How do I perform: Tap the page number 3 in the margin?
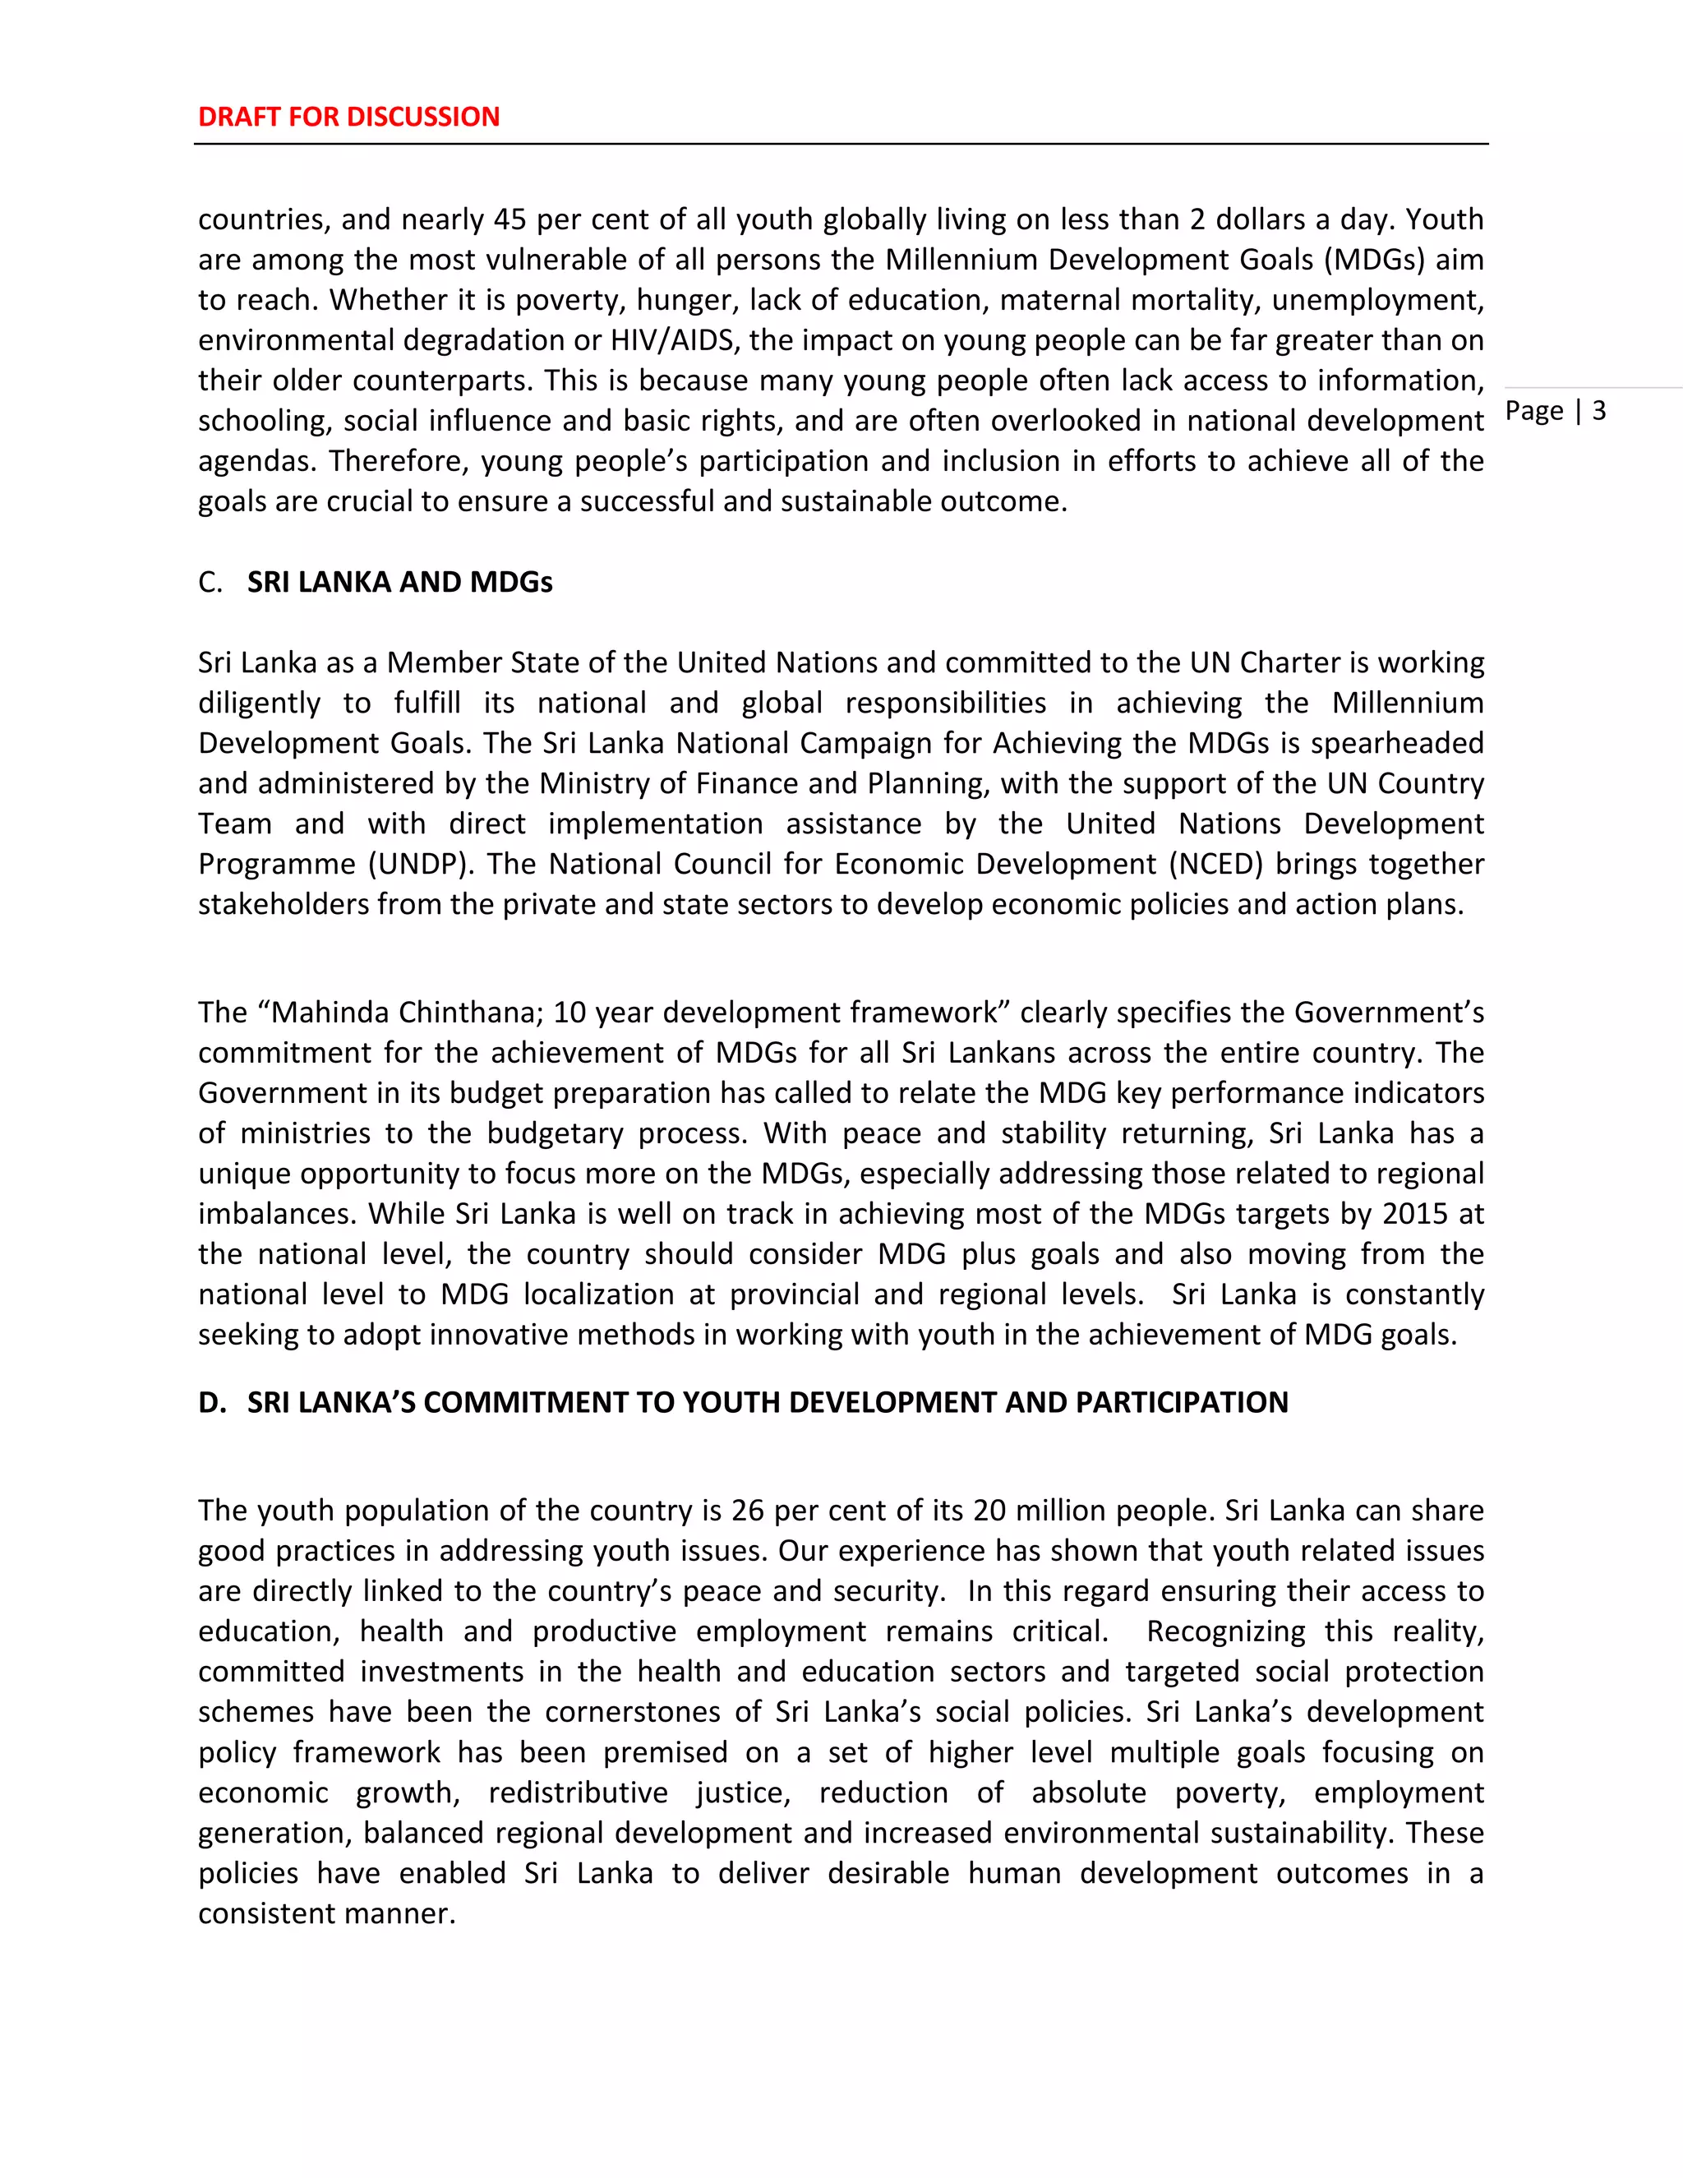coord(1598,411)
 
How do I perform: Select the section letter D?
coord(211,1402)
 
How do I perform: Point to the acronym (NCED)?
coord(1220,864)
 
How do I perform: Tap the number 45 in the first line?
coord(510,219)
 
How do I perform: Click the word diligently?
coord(258,703)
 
